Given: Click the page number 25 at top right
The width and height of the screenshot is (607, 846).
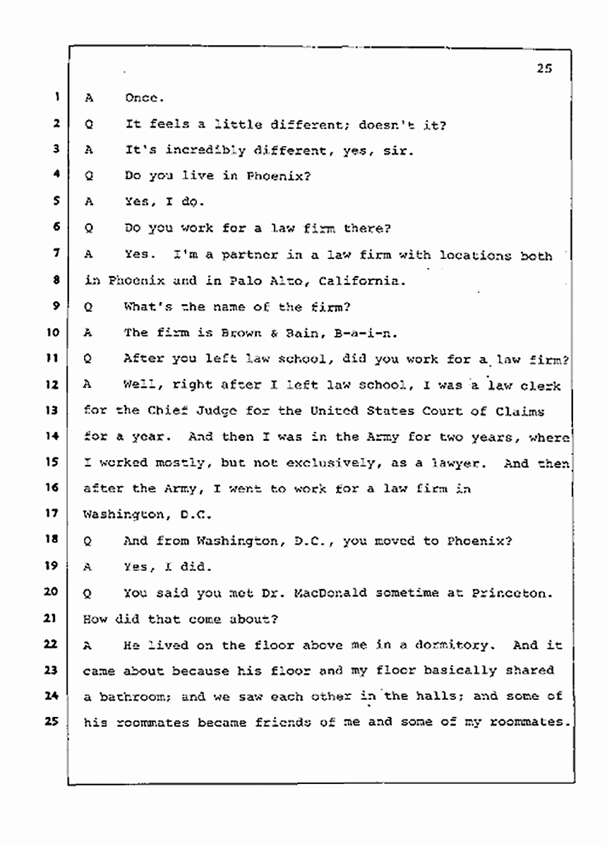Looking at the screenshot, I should click(x=543, y=69).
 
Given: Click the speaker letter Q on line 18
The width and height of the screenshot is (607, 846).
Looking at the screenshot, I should click(x=88, y=540).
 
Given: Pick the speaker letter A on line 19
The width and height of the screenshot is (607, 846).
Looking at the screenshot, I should click(x=88, y=567).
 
